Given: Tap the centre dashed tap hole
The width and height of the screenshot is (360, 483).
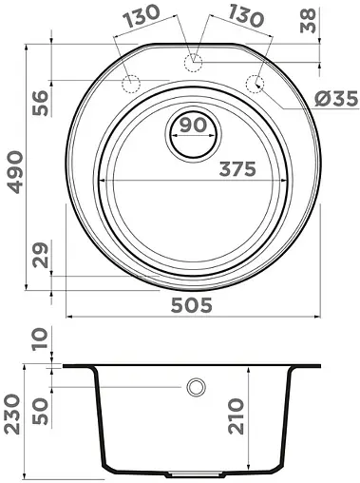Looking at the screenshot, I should [x=194, y=63].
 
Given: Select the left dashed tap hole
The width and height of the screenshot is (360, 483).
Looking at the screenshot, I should [x=131, y=83].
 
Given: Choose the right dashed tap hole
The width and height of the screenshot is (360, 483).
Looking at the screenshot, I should [x=256, y=83].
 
